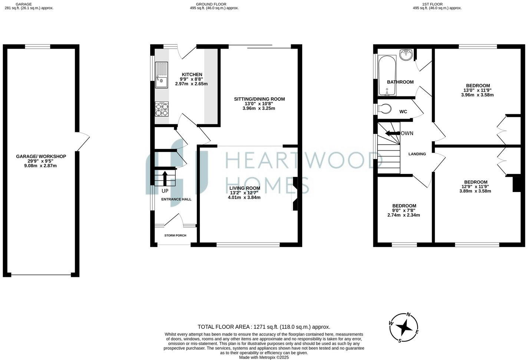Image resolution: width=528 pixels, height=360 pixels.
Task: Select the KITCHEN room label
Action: coord(192,75)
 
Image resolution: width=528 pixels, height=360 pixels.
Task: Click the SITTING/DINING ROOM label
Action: coord(259,99)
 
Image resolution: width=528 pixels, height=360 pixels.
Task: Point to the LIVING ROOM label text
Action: coord(245,188)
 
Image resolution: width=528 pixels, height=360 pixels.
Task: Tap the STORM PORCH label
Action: coord(175,235)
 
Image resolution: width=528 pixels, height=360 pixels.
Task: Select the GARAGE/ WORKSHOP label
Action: coord(41,156)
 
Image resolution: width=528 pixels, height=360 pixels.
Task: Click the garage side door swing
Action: coord(83,141)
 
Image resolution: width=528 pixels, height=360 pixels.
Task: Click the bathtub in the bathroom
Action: coord(387,75)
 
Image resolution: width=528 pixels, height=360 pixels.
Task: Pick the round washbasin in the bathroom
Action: coord(406,54)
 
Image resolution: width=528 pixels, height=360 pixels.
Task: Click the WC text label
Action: coord(403,112)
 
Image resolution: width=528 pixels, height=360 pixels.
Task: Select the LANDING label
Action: coord(417,154)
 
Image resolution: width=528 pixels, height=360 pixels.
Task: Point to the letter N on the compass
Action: coord(409,314)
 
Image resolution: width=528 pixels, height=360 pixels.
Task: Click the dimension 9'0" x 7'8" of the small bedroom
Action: coord(404,210)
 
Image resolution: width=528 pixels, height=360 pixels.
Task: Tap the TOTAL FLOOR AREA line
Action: coord(264,327)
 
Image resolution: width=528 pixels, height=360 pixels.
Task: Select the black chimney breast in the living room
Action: coord(295,194)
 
